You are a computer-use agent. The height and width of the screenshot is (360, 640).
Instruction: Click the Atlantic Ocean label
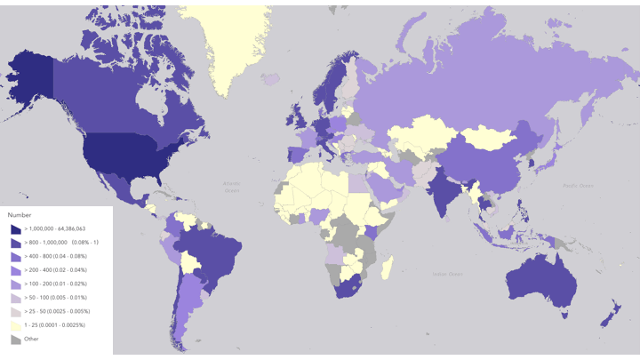point(232,186)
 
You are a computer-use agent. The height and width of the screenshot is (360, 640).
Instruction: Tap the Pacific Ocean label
point(580,185)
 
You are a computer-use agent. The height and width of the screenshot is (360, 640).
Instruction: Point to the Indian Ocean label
point(447,273)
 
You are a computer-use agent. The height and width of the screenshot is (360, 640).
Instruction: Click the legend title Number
point(20,215)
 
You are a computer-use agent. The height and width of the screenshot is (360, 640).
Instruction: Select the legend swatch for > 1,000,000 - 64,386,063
point(14,228)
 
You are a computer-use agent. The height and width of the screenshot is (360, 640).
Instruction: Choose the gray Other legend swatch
point(14,339)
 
